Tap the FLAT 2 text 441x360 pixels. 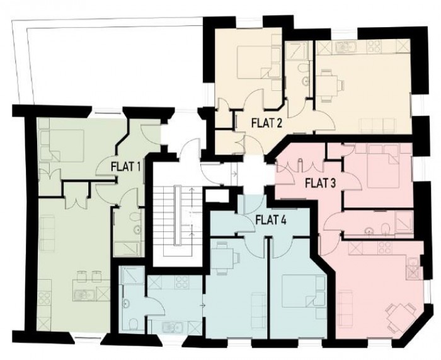265,122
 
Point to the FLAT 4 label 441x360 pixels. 271,220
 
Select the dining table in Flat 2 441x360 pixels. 330,84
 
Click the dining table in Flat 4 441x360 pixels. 224,258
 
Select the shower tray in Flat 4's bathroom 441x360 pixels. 132,278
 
